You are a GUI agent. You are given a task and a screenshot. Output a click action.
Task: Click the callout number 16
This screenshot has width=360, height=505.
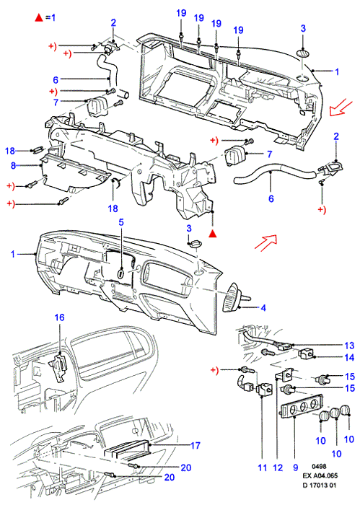coord(59,317)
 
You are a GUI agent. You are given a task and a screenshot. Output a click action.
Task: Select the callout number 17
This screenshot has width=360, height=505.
coord(195,445)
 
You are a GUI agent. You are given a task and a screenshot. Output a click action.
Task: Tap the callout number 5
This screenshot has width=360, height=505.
coord(121,222)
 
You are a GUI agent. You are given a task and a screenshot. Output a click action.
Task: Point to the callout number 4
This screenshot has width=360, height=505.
coord(263,308)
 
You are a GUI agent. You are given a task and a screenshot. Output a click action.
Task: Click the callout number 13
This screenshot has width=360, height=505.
coord(349,346)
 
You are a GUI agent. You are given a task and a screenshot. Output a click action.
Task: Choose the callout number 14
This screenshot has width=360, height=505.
coord(349,357)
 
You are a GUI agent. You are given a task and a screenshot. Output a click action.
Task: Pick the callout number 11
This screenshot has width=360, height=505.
coord(263,467)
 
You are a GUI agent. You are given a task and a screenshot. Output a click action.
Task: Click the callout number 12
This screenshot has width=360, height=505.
coord(278,467)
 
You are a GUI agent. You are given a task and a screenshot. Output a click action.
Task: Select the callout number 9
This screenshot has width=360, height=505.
coord(296,467)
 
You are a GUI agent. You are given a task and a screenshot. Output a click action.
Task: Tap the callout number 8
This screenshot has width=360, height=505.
coord(13,165)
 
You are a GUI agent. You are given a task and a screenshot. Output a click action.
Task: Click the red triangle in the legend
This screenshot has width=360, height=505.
coord(39,17)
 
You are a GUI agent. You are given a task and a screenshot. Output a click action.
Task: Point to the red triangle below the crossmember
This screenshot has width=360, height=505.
coord(212,234)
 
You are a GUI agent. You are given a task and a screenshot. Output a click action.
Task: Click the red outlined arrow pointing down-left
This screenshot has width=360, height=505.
coord(341,107)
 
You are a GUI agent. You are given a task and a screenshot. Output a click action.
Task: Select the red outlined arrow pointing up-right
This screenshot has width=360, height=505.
coord(266,242)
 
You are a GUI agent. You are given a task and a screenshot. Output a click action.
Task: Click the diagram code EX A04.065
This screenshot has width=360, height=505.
coord(320,475)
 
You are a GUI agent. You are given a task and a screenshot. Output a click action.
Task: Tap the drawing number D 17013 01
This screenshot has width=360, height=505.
coord(320,486)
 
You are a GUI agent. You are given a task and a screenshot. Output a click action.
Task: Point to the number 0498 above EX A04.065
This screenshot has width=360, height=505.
coord(319,466)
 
